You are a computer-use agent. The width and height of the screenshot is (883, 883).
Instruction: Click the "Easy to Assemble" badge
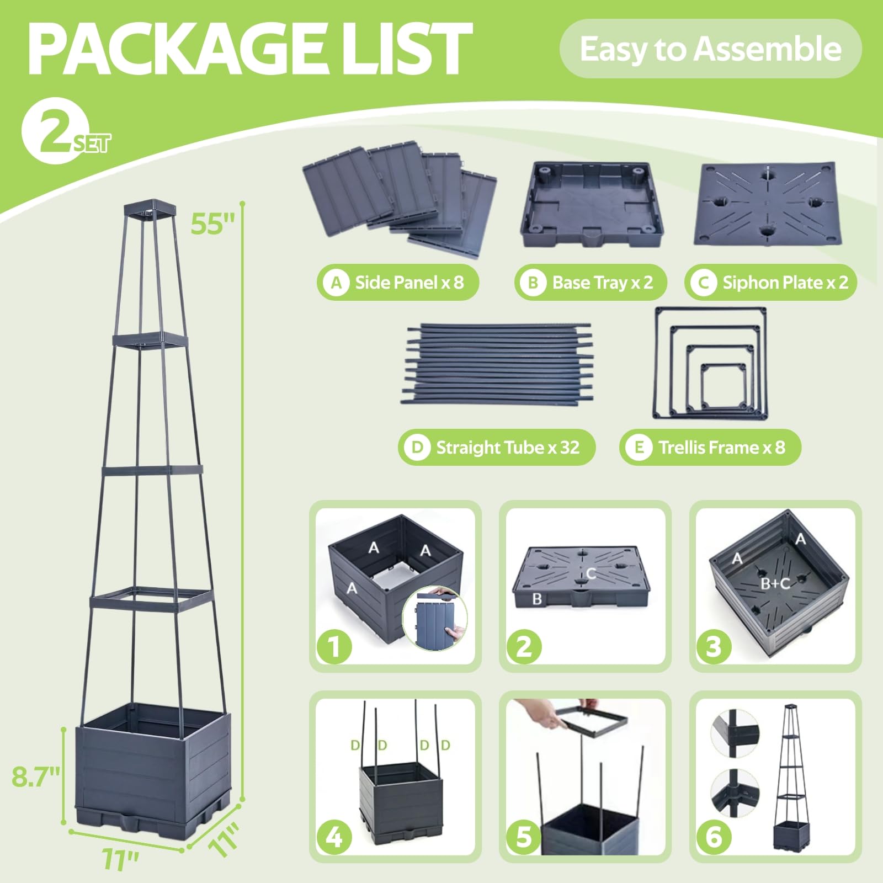pos(710,49)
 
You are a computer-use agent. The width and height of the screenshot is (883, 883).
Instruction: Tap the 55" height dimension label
pos(213,224)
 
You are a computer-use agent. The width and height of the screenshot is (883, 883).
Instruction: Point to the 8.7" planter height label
pos(36,776)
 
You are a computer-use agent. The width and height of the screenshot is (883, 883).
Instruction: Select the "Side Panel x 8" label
pos(397,283)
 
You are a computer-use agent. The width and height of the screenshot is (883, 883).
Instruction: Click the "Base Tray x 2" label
pos(591,283)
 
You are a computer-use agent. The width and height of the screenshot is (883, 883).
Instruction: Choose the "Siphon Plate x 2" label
pos(770,283)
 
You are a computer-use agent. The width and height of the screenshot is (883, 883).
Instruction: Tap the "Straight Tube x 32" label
pos(497,447)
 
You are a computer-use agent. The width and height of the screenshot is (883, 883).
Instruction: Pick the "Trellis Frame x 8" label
pos(710,447)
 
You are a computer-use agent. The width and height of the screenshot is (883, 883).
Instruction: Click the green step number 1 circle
pos(334,646)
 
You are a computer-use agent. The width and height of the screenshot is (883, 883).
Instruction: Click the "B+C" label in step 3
pos(775,583)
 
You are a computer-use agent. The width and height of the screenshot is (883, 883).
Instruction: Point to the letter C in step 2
pos(591,573)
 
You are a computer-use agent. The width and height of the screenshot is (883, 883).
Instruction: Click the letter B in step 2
pos(537,599)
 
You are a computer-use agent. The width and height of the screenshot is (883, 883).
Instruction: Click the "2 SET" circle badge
pos(55,131)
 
